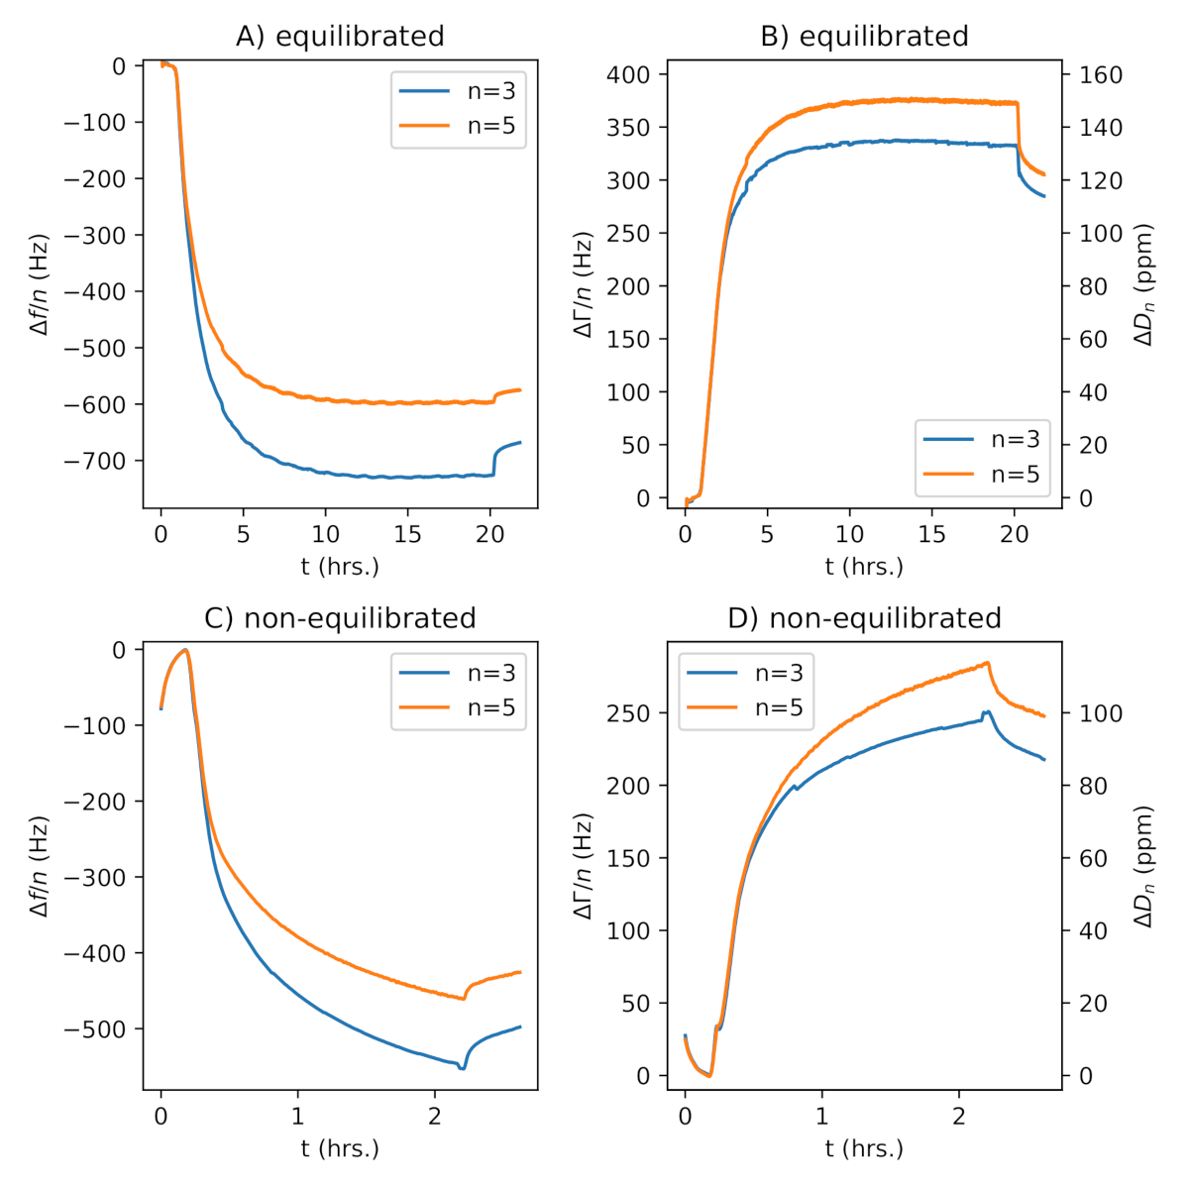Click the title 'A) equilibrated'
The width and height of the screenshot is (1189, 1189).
(x=340, y=37)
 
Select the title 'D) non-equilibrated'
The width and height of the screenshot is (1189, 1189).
(x=864, y=618)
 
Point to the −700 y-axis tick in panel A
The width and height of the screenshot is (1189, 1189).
(x=100, y=461)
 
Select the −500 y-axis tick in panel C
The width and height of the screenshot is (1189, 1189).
(x=100, y=1029)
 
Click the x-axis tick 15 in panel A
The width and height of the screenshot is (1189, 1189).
(x=407, y=536)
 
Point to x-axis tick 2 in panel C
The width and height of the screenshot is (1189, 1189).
(x=434, y=1118)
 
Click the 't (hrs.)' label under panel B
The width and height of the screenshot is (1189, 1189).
(x=864, y=567)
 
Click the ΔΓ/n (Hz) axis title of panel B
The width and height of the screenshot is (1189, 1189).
(x=584, y=284)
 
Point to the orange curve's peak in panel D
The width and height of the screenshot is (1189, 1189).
(x=987, y=663)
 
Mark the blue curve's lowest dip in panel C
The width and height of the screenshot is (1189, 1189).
(x=462, y=1068)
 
